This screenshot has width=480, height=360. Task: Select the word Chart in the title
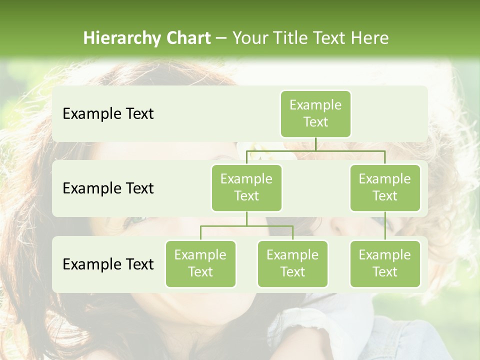click(x=187, y=38)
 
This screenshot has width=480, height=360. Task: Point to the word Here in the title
click(x=369, y=38)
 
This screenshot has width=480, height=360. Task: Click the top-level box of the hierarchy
click(x=315, y=114)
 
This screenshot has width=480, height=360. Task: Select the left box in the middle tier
click(x=246, y=188)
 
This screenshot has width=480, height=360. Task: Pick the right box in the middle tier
click(x=385, y=188)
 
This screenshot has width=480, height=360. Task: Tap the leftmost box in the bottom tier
click(x=200, y=264)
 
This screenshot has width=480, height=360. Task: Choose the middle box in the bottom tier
click(x=292, y=264)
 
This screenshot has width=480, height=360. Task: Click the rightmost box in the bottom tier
click(x=385, y=264)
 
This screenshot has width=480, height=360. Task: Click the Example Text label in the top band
click(x=108, y=114)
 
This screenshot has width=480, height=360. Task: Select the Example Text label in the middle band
click(x=108, y=188)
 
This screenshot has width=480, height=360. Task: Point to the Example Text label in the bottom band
click(x=108, y=264)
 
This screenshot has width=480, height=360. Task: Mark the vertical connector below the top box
click(x=315, y=144)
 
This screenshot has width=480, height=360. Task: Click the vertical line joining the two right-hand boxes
click(x=385, y=225)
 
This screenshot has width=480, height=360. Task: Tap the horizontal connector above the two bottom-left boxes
click(x=246, y=226)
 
